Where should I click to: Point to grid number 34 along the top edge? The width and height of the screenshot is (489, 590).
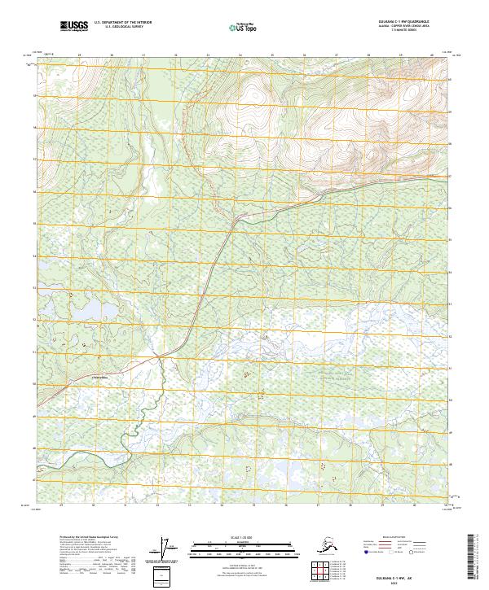pyautogui.click(x=240, y=55)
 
